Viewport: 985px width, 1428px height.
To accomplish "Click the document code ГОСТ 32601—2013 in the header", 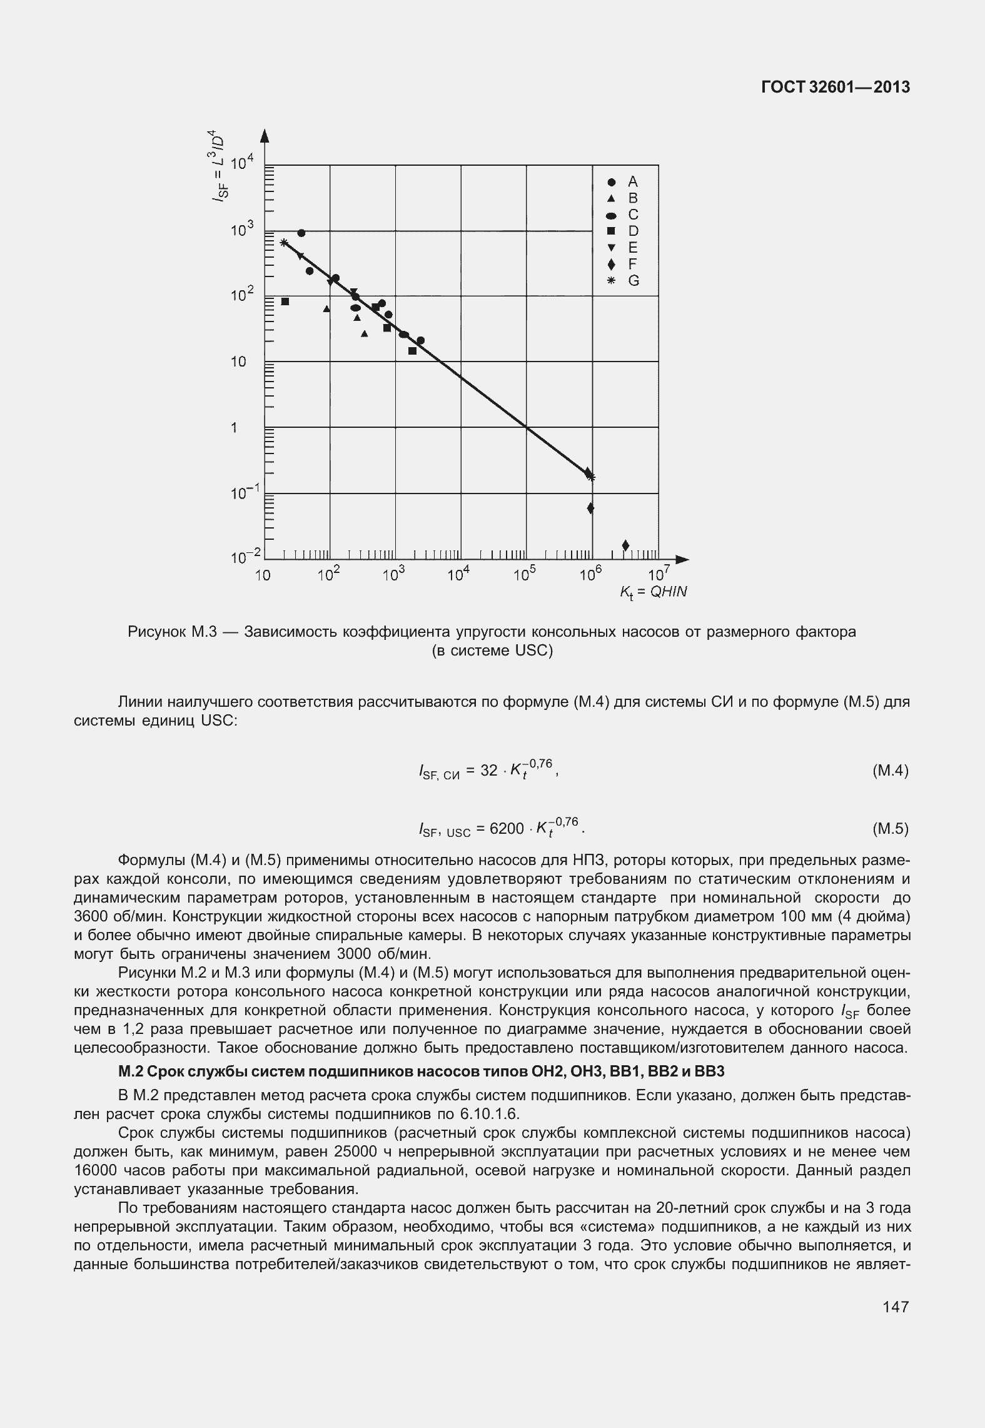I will click(836, 88).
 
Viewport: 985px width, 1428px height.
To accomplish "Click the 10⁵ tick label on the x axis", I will click(525, 575).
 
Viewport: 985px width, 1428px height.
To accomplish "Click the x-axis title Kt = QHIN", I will click(653, 592).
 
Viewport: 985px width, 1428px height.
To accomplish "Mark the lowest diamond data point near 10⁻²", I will click(625, 545).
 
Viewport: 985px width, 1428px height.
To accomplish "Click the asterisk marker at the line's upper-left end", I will click(283, 243).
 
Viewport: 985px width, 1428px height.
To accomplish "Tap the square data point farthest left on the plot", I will click(285, 301).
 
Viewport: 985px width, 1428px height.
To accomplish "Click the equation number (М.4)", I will click(889, 771).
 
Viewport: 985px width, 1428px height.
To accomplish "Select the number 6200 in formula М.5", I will click(507, 829).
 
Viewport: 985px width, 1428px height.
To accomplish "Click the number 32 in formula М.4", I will click(488, 771).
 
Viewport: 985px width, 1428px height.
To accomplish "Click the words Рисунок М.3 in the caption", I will click(172, 632).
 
